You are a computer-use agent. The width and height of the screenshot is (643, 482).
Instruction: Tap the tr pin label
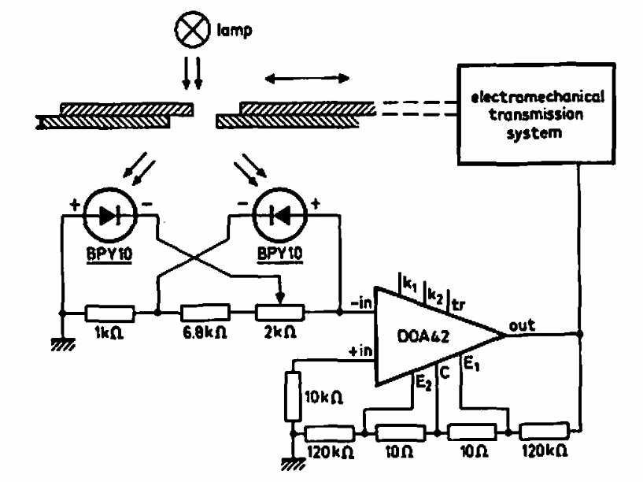pos(457,302)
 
